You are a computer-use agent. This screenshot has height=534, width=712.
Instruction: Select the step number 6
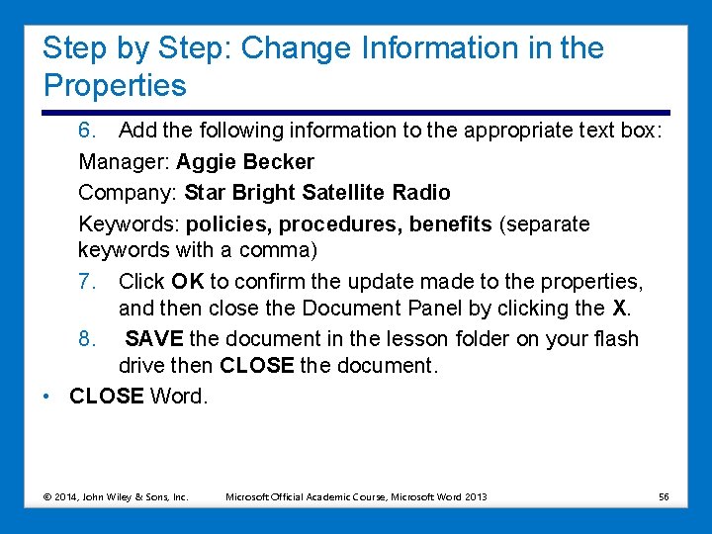coord(87,130)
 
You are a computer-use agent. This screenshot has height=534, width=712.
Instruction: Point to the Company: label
coord(128,192)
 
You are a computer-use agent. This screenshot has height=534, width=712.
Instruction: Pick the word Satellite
coord(346,192)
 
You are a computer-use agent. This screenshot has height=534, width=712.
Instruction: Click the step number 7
coord(87,282)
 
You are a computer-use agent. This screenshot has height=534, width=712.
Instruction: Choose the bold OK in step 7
coord(187,282)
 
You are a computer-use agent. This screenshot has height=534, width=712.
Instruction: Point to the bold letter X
coord(620,309)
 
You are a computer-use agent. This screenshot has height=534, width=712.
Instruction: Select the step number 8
coord(87,338)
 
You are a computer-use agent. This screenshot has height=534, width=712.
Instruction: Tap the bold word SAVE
coord(154,338)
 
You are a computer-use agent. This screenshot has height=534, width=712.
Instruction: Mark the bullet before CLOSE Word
coord(47,397)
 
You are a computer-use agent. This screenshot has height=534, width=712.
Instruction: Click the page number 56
coord(664,495)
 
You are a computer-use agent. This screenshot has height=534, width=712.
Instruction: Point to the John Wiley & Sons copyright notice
coord(116,495)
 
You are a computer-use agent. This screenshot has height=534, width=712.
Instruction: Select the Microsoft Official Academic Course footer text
coord(356,495)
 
